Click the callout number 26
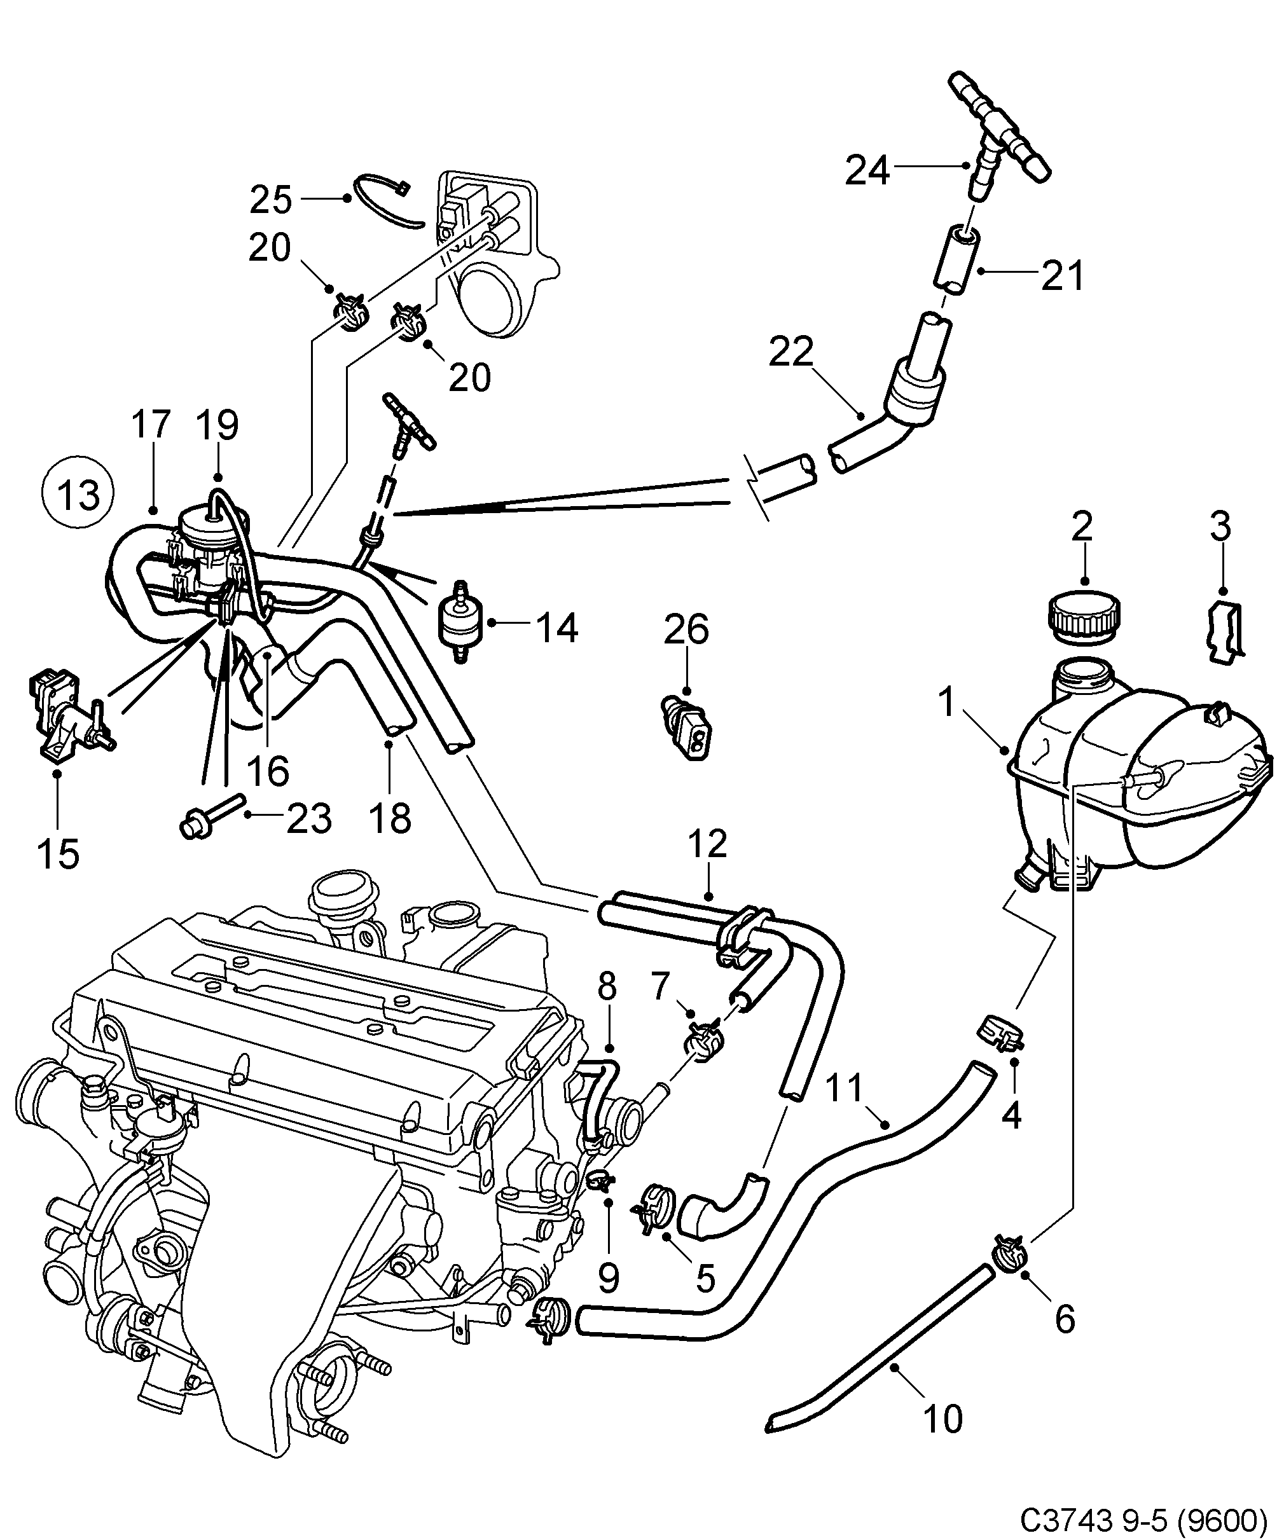(x=686, y=628)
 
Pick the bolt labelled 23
(x=211, y=814)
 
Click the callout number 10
(x=942, y=1419)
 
